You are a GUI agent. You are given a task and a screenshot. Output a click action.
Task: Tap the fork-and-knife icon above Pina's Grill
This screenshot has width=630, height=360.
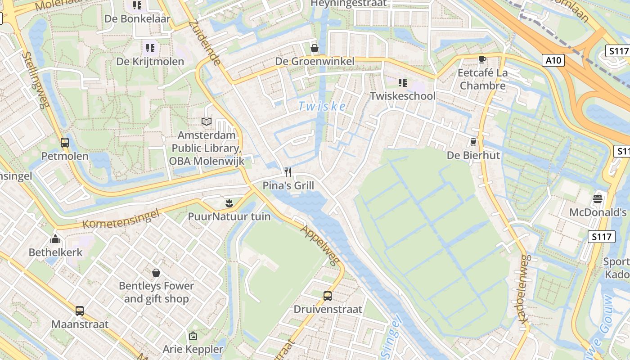(x=288, y=172)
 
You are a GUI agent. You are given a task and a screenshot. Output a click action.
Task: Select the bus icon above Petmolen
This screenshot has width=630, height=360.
(x=65, y=143)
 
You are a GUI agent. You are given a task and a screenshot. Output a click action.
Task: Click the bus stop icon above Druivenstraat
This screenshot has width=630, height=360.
(x=328, y=296)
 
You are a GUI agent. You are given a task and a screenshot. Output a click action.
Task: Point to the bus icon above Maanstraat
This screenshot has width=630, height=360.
(x=80, y=310)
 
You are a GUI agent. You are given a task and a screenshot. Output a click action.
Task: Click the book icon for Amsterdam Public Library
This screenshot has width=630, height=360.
(x=207, y=121)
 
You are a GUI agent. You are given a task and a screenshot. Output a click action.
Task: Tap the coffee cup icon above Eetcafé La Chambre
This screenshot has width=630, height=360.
(x=482, y=59)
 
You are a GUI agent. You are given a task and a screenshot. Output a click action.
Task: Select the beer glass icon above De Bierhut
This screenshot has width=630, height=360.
(x=473, y=142)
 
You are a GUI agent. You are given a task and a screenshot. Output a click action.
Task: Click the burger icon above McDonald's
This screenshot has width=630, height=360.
(x=598, y=198)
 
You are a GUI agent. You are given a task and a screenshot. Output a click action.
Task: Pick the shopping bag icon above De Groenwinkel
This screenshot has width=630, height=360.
(x=315, y=48)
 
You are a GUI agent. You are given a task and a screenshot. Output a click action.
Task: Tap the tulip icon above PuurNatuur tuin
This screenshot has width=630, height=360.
(x=229, y=203)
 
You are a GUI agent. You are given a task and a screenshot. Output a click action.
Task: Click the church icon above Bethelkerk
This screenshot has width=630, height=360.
(x=56, y=238)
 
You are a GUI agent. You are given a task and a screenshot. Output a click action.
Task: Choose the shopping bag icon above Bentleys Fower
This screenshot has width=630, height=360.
(x=156, y=272)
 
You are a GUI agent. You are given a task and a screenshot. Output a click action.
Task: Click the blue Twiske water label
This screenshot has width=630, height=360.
(x=322, y=107)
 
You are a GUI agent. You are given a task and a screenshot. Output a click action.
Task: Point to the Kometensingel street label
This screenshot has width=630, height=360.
(x=121, y=219)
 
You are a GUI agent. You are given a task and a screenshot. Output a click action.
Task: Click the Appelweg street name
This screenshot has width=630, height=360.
(x=320, y=245)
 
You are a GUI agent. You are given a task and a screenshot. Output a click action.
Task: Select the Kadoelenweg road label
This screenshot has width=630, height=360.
(x=525, y=288)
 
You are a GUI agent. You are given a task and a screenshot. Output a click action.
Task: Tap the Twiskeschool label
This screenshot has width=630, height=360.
(x=403, y=96)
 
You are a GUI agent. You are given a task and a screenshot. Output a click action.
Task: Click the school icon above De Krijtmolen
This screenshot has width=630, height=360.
(x=150, y=48)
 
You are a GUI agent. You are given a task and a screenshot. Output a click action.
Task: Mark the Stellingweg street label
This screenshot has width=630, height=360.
(x=35, y=80)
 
